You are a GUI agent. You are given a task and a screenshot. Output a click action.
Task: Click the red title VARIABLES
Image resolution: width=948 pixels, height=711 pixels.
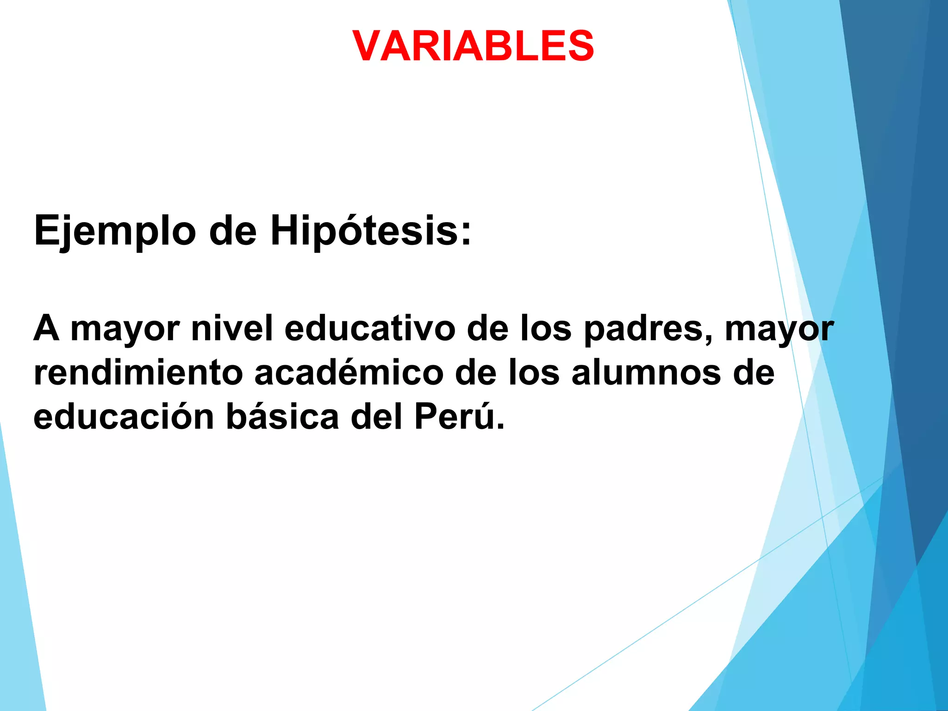coord(473,46)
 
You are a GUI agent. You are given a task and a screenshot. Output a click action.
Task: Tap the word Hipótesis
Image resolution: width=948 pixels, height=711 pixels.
coord(370,231)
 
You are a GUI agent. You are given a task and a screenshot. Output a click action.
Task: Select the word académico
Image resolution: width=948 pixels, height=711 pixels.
coord(349,373)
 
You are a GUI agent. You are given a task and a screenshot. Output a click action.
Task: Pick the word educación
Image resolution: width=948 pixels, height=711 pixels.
coord(124,417)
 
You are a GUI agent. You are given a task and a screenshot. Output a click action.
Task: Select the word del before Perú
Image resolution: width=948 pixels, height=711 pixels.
coord(376,417)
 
